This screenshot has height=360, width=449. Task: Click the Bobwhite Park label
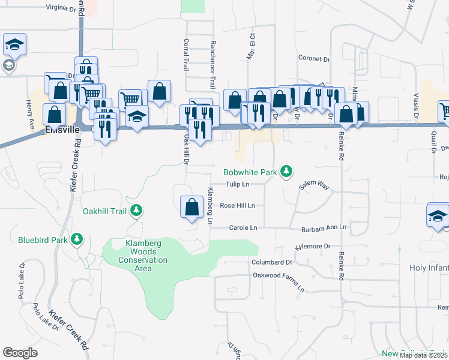coord(250,172)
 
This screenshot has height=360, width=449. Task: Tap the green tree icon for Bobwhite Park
coord(287,172)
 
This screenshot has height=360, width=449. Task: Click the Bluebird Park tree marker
coord(76,240)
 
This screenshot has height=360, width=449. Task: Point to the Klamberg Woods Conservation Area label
coord(143,256)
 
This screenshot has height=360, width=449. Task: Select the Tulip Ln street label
coord(237,184)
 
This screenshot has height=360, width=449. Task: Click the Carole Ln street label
coord(243,228)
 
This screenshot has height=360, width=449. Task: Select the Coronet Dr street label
coord(315,59)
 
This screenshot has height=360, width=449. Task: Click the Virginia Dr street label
coord(62,8)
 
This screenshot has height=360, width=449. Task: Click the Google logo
coord(20,353)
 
